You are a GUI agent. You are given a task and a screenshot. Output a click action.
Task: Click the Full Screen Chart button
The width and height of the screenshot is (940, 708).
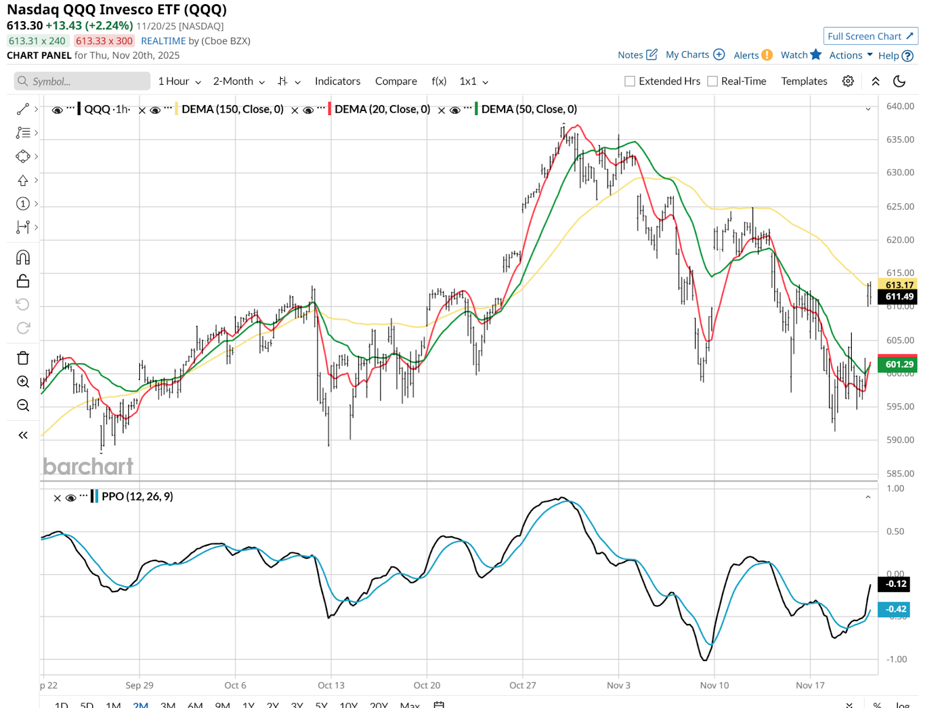[x=870, y=36]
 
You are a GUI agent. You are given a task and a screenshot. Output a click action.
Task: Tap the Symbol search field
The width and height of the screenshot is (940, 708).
[x=82, y=81]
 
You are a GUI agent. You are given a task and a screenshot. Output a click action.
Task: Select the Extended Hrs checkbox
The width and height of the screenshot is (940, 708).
[x=630, y=81]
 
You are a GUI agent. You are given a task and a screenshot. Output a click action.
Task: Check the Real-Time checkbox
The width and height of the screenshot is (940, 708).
[x=713, y=81]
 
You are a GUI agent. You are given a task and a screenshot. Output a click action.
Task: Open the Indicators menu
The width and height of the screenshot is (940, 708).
[x=337, y=81]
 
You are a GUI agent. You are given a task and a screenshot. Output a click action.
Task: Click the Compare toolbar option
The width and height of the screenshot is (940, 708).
[x=396, y=81]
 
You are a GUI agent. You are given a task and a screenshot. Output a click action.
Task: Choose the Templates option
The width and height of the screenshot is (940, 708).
[x=804, y=81]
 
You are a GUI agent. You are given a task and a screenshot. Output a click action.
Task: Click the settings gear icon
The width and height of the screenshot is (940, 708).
[x=848, y=81]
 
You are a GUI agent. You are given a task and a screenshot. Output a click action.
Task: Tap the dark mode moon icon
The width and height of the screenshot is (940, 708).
[x=899, y=81]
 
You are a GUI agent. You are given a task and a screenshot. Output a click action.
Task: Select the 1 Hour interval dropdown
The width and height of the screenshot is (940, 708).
[x=179, y=81]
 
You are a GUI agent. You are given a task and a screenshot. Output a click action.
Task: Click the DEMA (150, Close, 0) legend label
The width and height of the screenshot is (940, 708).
[x=233, y=109]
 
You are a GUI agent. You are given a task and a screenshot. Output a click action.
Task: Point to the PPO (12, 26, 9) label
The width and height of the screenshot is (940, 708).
[x=137, y=496]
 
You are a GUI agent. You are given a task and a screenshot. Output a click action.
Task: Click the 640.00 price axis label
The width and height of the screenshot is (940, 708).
[x=900, y=106]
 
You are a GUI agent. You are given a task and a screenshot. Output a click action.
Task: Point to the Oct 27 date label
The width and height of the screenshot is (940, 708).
[x=522, y=685]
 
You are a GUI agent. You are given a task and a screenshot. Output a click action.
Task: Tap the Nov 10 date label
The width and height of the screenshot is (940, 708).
[x=714, y=685]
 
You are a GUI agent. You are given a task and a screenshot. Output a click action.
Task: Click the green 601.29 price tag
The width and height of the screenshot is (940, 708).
[x=899, y=364]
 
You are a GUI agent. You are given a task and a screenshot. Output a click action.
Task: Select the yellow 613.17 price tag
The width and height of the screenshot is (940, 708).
[x=899, y=285]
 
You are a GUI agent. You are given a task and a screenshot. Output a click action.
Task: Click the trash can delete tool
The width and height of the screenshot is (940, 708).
[x=23, y=358]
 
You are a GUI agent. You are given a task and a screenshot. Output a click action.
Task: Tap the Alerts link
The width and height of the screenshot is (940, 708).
[x=753, y=55]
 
